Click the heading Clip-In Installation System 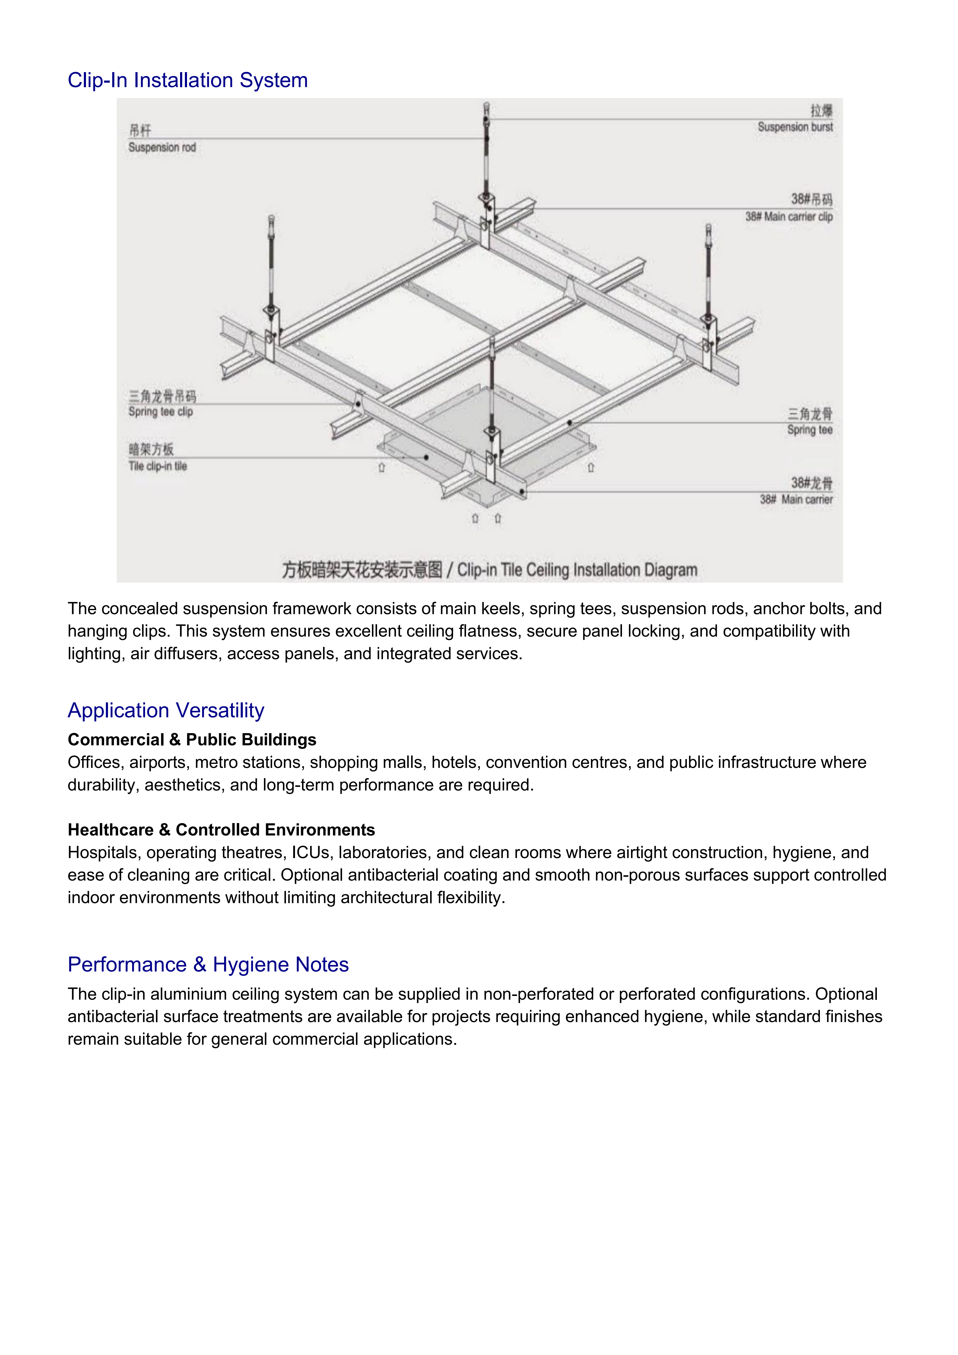tap(188, 80)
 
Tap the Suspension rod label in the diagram tap(162, 148)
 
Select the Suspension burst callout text tap(795, 127)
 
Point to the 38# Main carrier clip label tap(789, 217)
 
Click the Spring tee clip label tap(160, 412)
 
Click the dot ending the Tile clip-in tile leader tap(427, 457)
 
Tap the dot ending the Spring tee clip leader tap(358, 404)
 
